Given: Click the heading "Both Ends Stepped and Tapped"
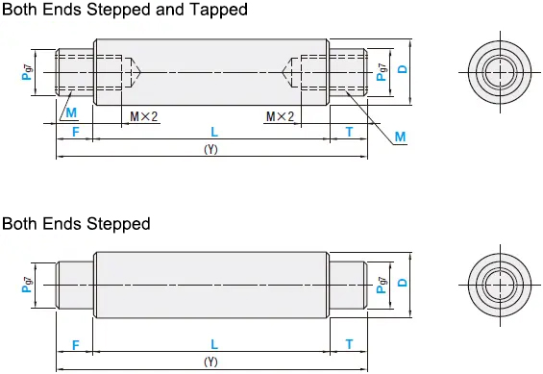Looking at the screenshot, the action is tap(125, 10).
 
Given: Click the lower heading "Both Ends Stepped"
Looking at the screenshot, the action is tap(76, 224).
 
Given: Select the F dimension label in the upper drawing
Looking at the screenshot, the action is tap(76, 132).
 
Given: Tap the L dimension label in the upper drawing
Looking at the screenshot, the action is tap(214, 132).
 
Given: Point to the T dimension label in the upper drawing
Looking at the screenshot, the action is tap(350, 132).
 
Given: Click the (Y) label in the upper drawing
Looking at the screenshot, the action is tap(210, 149).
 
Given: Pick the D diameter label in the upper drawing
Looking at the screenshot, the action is tap(403, 69).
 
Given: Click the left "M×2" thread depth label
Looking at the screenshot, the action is tap(144, 116).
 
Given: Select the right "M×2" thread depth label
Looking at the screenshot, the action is tap(281, 116).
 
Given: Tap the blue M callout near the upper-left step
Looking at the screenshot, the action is tap(71, 112).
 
